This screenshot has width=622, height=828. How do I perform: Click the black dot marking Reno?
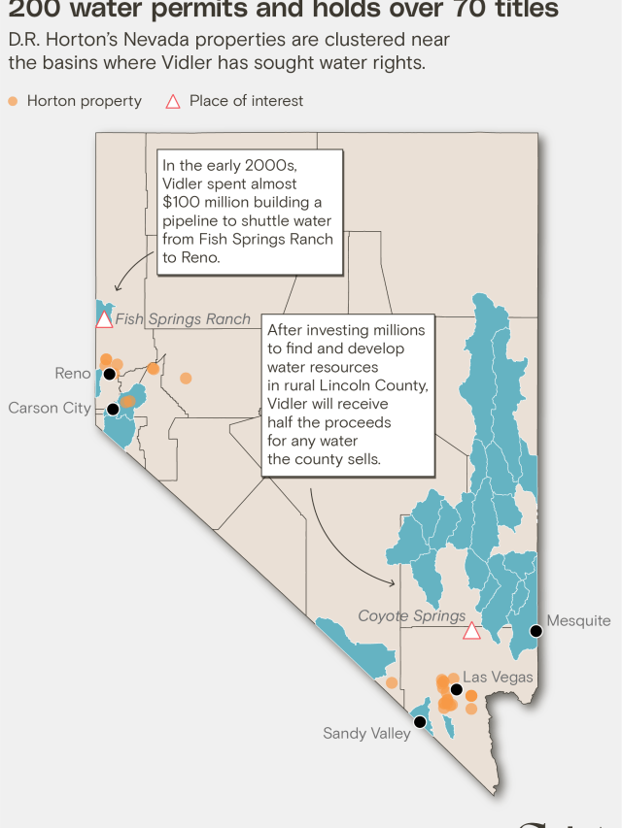(x=110, y=374)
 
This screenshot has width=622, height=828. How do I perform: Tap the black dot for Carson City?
(x=113, y=409)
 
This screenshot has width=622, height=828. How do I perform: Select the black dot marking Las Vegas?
(x=456, y=689)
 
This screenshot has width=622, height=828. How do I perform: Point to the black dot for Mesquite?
(x=535, y=631)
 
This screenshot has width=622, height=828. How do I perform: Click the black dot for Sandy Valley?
(x=419, y=721)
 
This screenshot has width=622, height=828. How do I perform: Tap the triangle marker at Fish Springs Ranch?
(x=104, y=319)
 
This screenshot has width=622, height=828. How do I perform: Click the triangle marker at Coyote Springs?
(x=471, y=631)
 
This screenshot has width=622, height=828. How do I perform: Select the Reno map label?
(x=73, y=374)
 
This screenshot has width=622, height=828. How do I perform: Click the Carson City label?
(x=50, y=408)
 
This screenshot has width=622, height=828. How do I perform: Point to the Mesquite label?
(x=578, y=621)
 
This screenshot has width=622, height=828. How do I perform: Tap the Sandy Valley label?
(x=366, y=734)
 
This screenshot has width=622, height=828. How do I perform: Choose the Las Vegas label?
(x=498, y=677)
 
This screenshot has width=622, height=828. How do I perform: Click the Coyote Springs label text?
(x=412, y=616)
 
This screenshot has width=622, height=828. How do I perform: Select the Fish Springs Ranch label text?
(x=183, y=319)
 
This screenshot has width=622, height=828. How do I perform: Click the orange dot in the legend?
(x=13, y=101)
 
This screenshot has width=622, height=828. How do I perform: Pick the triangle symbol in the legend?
(x=173, y=101)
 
